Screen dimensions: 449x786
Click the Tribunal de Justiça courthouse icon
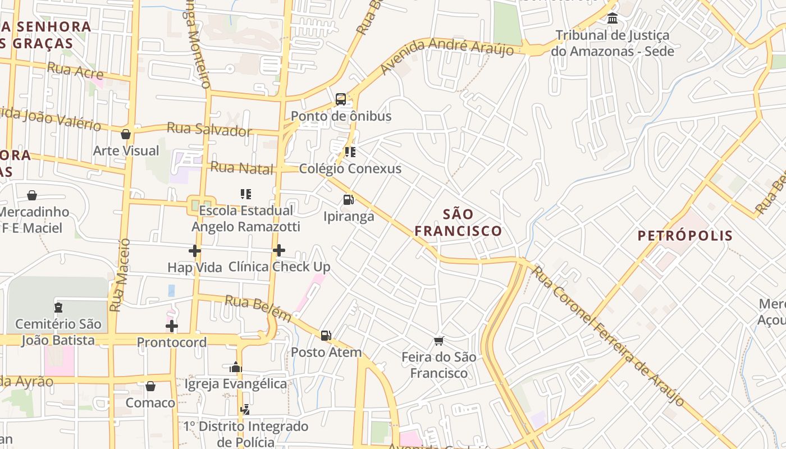click(x=613, y=19)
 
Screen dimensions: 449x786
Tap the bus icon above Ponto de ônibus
click(x=341, y=99)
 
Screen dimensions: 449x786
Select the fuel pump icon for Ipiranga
click(x=348, y=199)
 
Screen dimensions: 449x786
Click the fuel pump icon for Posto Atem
click(x=326, y=336)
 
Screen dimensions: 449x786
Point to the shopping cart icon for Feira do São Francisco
click(x=439, y=340)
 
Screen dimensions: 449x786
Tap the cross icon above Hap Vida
click(x=195, y=251)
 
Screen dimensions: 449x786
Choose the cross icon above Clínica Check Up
click(x=279, y=250)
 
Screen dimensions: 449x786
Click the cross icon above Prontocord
click(x=172, y=326)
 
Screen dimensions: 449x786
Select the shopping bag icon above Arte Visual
click(x=126, y=134)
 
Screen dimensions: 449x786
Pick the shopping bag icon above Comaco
click(x=150, y=386)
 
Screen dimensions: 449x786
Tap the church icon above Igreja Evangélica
click(x=236, y=367)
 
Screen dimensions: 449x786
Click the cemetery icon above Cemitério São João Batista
click(x=58, y=308)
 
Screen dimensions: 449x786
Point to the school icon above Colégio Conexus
click(x=350, y=152)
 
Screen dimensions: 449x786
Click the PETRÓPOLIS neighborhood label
click(x=685, y=235)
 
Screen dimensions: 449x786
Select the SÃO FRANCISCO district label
click(x=458, y=222)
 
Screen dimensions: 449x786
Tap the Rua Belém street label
click(x=258, y=308)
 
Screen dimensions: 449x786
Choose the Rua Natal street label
click(x=242, y=168)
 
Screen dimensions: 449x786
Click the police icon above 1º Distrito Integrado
click(x=245, y=410)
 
